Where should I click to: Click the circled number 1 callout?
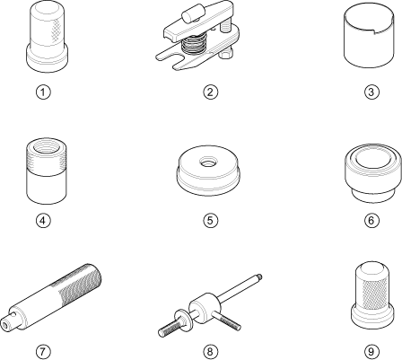(x=43, y=92)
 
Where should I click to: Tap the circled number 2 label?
(x=210, y=92)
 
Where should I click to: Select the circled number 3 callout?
(x=371, y=92)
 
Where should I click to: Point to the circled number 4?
(x=43, y=221)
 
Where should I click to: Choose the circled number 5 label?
(x=210, y=221)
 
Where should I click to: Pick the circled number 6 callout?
(x=371, y=221)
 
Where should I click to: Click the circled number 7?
(x=43, y=351)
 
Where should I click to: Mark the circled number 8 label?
(x=210, y=351)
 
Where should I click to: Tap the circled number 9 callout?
(x=371, y=351)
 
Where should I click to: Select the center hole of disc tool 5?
(x=207, y=162)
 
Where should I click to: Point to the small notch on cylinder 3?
(x=374, y=31)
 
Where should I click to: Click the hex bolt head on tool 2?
(x=226, y=54)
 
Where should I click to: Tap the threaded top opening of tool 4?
(x=47, y=147)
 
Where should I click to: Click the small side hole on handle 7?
(x=13, y=314)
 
